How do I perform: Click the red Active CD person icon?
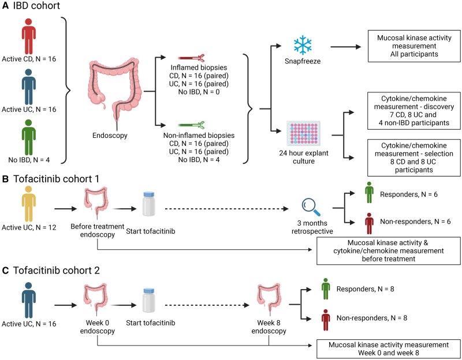point(28,36)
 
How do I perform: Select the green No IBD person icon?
point(28,137)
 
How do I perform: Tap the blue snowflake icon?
point(303,45)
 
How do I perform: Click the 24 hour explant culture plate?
point(304,134)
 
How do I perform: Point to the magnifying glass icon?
point(311,207)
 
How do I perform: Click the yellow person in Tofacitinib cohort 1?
point(28,204)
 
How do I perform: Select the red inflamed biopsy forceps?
point(191,58)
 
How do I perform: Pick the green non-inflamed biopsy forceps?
point(191,125)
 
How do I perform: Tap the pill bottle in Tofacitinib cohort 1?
point(148,204)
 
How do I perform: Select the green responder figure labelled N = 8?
point(326,289)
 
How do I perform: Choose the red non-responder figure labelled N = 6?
point(369,223)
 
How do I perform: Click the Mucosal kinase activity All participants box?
point(414,46)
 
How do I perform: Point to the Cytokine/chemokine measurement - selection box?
point(414,157)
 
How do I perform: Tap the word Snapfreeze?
point(303,61)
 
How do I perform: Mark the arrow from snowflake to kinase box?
point(345,47)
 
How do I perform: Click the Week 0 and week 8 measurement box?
point(389,349)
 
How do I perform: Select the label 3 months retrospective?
point(312,227)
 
